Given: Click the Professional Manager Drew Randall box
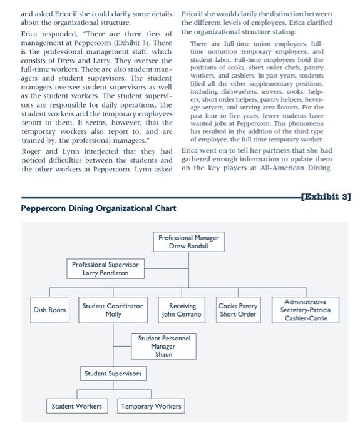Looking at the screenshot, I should coord(188,242).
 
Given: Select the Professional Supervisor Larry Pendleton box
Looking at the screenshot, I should coord(105,269).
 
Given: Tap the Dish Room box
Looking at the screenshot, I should coord(49,310).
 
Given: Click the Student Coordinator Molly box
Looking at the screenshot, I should coord(113,310).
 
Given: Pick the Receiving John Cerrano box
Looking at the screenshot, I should coord(182,310).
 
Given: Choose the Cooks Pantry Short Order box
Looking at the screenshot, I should coord(237,310).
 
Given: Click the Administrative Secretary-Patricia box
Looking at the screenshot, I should coord(305,310).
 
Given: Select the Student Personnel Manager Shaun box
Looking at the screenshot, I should coord(163,346).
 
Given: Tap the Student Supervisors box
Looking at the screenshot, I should coord(113,374).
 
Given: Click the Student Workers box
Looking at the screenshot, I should coord(76,406).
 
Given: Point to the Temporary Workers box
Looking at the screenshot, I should coord(151,406).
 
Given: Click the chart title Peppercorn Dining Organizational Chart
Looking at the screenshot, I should coord(98,208).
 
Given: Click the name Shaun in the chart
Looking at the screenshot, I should coord(163,354).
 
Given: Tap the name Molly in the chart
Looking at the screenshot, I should coord(113,315).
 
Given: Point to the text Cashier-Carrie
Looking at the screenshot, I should coord(305,318).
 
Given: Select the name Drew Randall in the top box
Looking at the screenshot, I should coord(188,247).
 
